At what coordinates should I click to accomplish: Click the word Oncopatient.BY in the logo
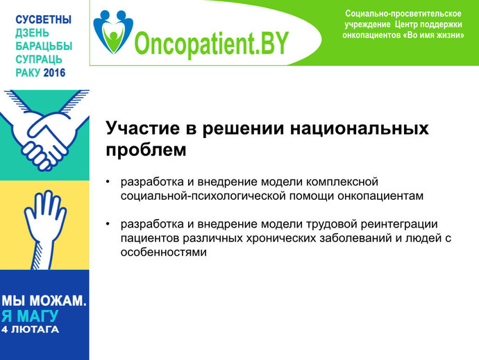212,43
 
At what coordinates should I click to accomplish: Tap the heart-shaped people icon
113,32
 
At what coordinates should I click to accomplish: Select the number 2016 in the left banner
54,73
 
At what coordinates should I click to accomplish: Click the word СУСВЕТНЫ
43,19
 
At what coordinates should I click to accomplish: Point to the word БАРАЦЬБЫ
44,46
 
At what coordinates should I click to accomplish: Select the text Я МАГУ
30,316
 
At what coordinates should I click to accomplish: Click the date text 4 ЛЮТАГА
30,329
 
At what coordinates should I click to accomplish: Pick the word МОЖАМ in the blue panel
58,301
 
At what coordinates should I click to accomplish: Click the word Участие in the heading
143,128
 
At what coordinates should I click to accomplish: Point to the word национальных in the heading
360,129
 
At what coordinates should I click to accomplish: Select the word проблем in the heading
146,151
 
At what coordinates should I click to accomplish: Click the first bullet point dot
108,182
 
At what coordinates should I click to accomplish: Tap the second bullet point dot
108,224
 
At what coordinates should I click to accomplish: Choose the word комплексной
342,182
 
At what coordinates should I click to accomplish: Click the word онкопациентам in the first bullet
380,196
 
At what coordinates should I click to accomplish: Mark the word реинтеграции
399,225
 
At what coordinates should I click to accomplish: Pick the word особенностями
164,252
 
